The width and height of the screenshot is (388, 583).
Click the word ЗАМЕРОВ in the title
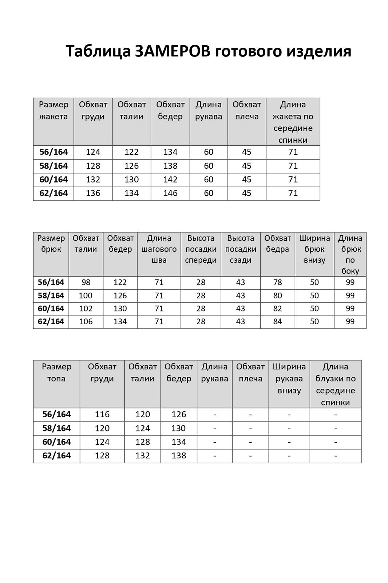pyautogui.click(x=173, y=51)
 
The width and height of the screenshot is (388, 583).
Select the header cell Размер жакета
pyautogui.click(x=54, y=110)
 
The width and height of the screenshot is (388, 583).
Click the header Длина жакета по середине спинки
pyautogui.click(x=293, y=122)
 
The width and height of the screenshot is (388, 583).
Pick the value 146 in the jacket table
pyautogui.click(x=170, y=193)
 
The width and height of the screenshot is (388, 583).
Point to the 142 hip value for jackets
pyautogui.click(x=170, y=180)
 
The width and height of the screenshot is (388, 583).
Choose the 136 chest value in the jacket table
pyautogui.click(x=93, y=193)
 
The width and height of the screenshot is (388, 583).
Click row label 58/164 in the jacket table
pyautogui.click(x=54, y=166)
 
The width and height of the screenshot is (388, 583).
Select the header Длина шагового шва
pyautogui.click(x=159, y=249)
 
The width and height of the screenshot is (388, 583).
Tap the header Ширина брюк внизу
pyautogui.click(x=314, y=249)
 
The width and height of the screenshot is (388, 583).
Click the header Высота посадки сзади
pyautogui.click(x=241, y=249)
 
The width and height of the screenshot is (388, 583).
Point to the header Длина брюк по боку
pyautogui.click(x=350, y=254)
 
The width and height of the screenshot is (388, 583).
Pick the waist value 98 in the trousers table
pyautogui.click(x=86, y=282)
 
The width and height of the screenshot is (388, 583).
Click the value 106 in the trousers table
pyautogui.click(x=86, y=322)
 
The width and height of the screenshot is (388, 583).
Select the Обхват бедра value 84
pyautogui.click(x=277, y=322)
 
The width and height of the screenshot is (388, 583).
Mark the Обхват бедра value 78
pyautogui.click(x=277, y=282)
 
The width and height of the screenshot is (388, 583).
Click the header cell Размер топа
pyautogui.click(x=56, y=372)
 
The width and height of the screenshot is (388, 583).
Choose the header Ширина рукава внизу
pyautogui.click(x=289, y=379)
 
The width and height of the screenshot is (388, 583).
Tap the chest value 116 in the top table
pyautogui.click(x=102, y=415)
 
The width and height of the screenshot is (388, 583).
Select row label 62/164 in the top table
pyautogui.click(x=56, y=456)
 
